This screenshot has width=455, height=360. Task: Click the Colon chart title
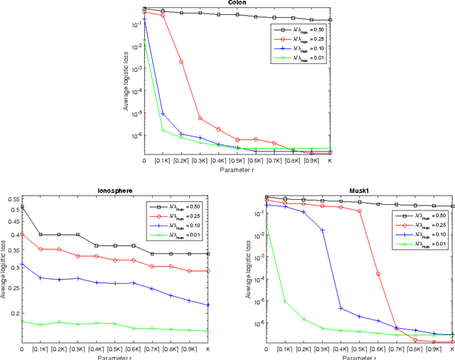(x=237, y=3)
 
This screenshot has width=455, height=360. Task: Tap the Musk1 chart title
(x=360, y=191)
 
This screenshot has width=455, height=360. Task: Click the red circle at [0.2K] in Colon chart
(x=181, y=62)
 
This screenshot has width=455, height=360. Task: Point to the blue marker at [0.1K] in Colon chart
(x=163, y=114)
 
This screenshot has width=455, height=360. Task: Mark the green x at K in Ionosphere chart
(x=208, y=331)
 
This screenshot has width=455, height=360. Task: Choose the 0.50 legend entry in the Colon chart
(x=300, y=29)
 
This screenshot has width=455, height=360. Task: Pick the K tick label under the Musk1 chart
(x=452, y=349)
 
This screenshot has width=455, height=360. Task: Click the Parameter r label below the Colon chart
(x=237, y=169)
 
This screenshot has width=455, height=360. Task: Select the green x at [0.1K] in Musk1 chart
(x=284, y=301)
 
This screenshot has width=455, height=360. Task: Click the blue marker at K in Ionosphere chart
(x=208, y=305)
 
